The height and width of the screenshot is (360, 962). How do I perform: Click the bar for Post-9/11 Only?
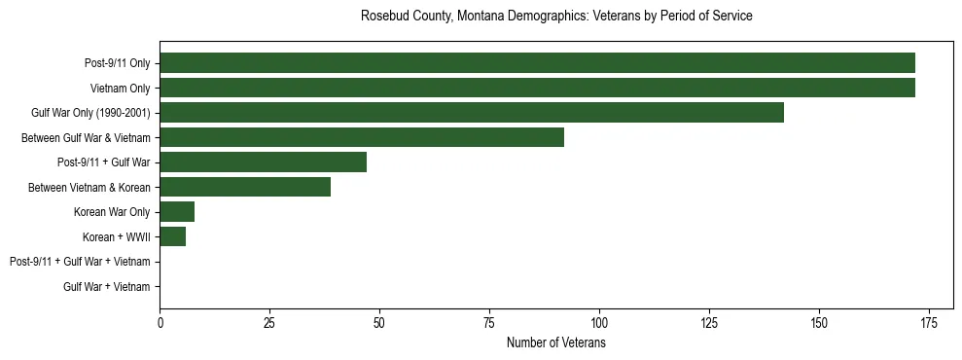(537, 63)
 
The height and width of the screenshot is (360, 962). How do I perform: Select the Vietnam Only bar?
(537, 88)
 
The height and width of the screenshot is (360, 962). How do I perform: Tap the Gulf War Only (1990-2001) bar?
(472, 113)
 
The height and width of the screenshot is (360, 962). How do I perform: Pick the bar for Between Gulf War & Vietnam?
(362, 137)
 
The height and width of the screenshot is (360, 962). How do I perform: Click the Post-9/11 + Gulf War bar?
(263, 162)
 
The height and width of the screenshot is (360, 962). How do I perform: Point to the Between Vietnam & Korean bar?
(245, 187)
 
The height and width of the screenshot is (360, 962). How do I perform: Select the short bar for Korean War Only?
(177, 212)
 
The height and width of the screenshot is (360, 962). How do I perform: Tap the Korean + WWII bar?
(173, 236)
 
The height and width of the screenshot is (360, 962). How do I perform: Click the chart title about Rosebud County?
(555, 17)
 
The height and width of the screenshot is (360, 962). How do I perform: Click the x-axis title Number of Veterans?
(555, 342)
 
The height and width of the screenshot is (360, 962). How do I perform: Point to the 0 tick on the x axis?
(160, 322)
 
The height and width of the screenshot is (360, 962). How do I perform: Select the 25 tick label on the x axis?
(269, 322)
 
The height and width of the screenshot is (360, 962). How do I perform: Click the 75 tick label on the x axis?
(489, 322)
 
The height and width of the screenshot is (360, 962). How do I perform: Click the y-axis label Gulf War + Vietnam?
(107, 287)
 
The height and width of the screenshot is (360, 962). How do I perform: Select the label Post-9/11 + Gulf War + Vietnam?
(80, 262)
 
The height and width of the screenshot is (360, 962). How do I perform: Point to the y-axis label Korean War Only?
(112, 212)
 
